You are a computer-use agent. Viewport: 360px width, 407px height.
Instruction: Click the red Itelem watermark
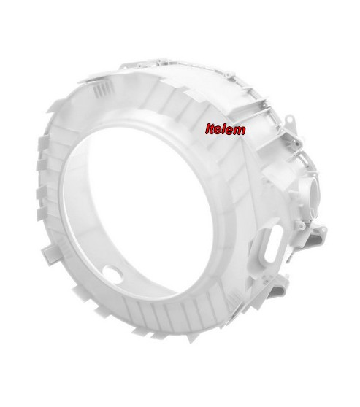[x=226, y=130]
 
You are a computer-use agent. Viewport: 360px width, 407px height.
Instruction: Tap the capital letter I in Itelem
[x=208, y=129]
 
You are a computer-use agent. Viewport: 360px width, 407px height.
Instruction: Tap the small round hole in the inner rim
[x=112, y=273]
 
